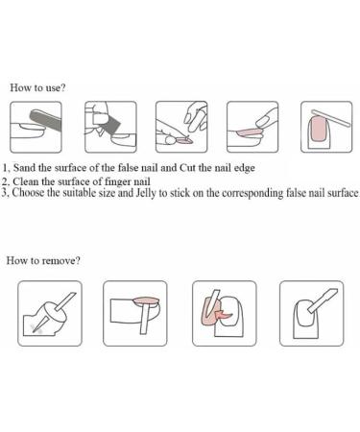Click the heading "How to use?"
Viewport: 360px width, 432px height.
[x=37, y=87]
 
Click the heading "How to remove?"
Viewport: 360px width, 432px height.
[x=43, y=260]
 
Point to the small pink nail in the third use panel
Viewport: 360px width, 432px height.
[x=184, y=139]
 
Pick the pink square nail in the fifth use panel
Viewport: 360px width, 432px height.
[x=319, y=130]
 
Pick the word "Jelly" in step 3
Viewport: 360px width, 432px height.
[x=146, y=193]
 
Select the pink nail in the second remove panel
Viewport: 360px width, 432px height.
[x=146, y=300]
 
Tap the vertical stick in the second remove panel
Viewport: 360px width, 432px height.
[x=145, y=319]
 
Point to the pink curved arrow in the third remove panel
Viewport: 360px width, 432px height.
[x=225, y=314]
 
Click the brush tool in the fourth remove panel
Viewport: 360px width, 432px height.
[x=323, y=300]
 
